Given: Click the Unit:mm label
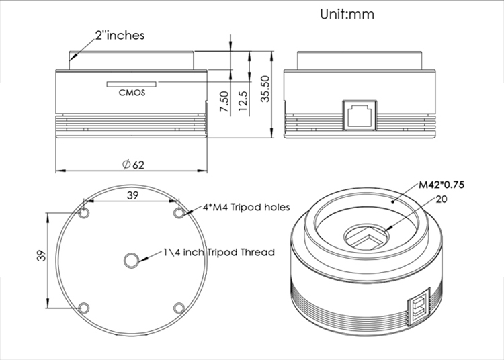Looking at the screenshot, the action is [x=347, y=15].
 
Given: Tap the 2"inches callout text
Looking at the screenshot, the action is [x=120, y=36].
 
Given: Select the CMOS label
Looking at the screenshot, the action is [x=132, y=93].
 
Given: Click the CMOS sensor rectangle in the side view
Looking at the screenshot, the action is [x=132, y=84].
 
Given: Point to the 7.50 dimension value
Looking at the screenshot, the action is [x=224, y=102].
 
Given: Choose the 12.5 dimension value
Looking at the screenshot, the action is [x=244, y=101].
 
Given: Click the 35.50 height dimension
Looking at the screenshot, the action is [x=265, y=89].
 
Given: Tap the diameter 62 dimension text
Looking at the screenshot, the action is [x=134, y=165].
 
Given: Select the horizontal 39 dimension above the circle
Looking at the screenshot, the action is [x=132, y=195].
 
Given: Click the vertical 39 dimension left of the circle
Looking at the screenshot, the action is [x=41, y=256].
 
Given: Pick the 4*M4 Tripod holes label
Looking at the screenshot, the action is [x=246, y=207].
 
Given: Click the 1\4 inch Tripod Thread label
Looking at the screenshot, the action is [x=219, y=252].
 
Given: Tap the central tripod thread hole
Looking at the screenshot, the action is [x=132, y=261].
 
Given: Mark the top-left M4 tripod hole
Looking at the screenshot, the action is [x=84, y=213].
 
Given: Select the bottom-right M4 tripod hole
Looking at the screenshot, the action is [x=179, y=308].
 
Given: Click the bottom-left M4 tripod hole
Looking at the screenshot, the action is [x=84, y=308].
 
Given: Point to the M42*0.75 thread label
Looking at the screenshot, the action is [x=442, y=185].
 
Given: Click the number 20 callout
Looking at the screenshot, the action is [x=442, y=199].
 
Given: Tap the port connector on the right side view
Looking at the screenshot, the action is [x=360, y=116].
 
